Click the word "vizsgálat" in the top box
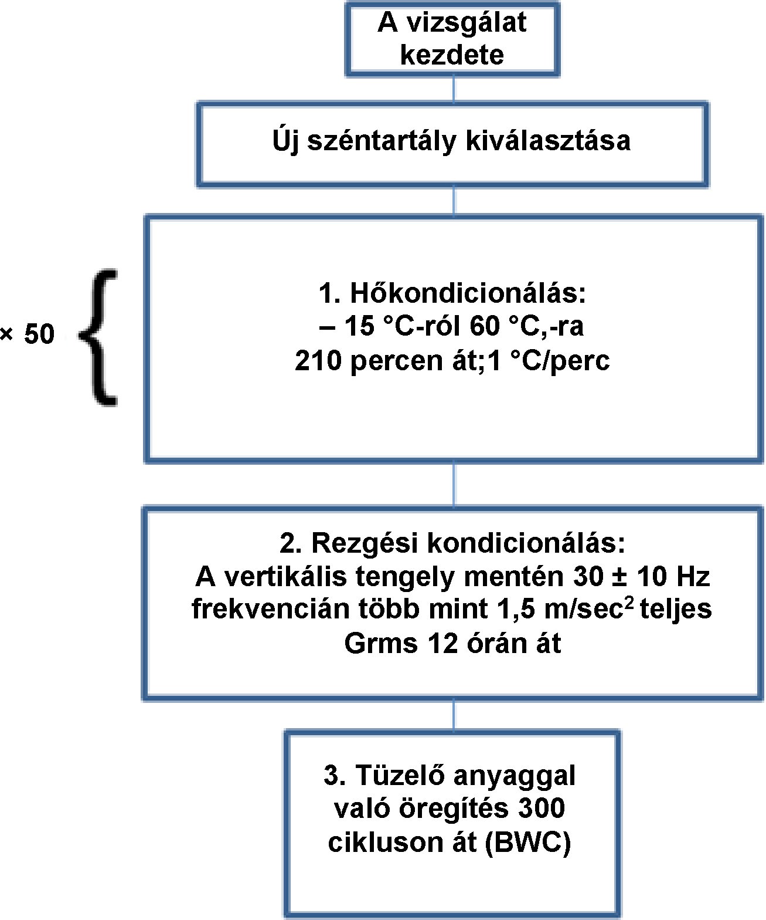pyautogui.click(x=467, y=23)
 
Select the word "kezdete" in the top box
pyautogui.click(x=452, y=55)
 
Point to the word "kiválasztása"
pyautogui.click(x=548, y=141)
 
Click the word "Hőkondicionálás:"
pyautogui.click(x=468, y=293)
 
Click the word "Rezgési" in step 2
pyautogui.click(x=365, y=543)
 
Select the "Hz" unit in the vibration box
pyautogui.click(x=693, y=577)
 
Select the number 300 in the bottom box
pyautogui.click(x=541, y=809)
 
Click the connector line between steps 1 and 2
pyautogui.click(x=454, y=485)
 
